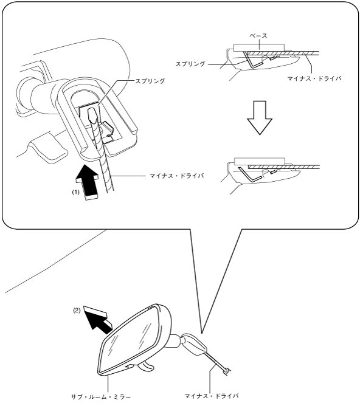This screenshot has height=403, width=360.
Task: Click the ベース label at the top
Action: point(258,36)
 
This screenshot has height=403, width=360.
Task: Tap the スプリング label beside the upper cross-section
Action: point(190,64)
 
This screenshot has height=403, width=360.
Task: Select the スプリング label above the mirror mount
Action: point(150,81)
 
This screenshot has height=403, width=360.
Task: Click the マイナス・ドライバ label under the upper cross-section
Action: point(314,78)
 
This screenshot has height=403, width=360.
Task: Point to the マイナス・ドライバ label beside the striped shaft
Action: point(177,176)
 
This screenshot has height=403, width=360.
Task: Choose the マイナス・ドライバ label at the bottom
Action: point(212,396)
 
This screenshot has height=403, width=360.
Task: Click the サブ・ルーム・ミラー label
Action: point(101,397)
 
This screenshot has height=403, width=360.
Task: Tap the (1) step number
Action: point(75,192)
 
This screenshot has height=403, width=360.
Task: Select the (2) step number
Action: point(77,310)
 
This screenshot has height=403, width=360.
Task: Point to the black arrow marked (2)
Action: point(99,320)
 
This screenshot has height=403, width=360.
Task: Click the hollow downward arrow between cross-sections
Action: point(260,118)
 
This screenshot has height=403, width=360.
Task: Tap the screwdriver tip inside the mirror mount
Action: point(92,115)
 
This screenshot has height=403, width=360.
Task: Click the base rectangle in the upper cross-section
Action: point(259,47)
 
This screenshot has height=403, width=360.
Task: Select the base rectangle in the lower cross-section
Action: point(260,162)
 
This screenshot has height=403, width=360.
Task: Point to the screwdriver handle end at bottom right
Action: point(227,371)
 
